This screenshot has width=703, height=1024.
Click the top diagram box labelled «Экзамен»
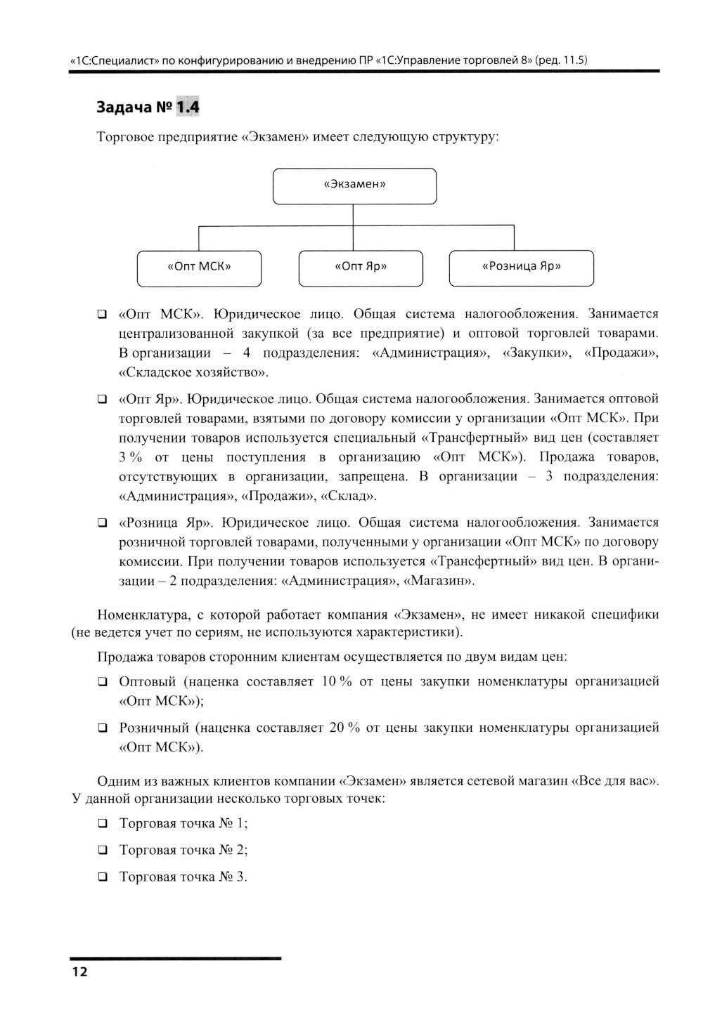click(354, 185)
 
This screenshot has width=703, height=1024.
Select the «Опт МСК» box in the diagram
click(199, 268)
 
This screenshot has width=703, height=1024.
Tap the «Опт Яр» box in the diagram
click(361, 268)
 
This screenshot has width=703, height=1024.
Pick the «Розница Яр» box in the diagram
click(521, 268)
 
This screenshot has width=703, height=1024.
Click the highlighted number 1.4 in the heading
click(188, 107)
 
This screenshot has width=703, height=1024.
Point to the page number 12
click(79, 972)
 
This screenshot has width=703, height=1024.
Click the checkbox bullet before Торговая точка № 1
click(103, 823)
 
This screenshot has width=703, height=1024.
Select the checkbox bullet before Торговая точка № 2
click(103, 850)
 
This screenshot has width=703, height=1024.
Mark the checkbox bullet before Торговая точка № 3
click(103, 877)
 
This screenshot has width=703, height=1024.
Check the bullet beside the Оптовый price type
click(103, 681)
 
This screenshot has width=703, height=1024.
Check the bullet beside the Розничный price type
click(103, 728)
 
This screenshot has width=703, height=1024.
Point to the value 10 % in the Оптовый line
click(336, 681)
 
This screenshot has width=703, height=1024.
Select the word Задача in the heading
click(124, 107)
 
